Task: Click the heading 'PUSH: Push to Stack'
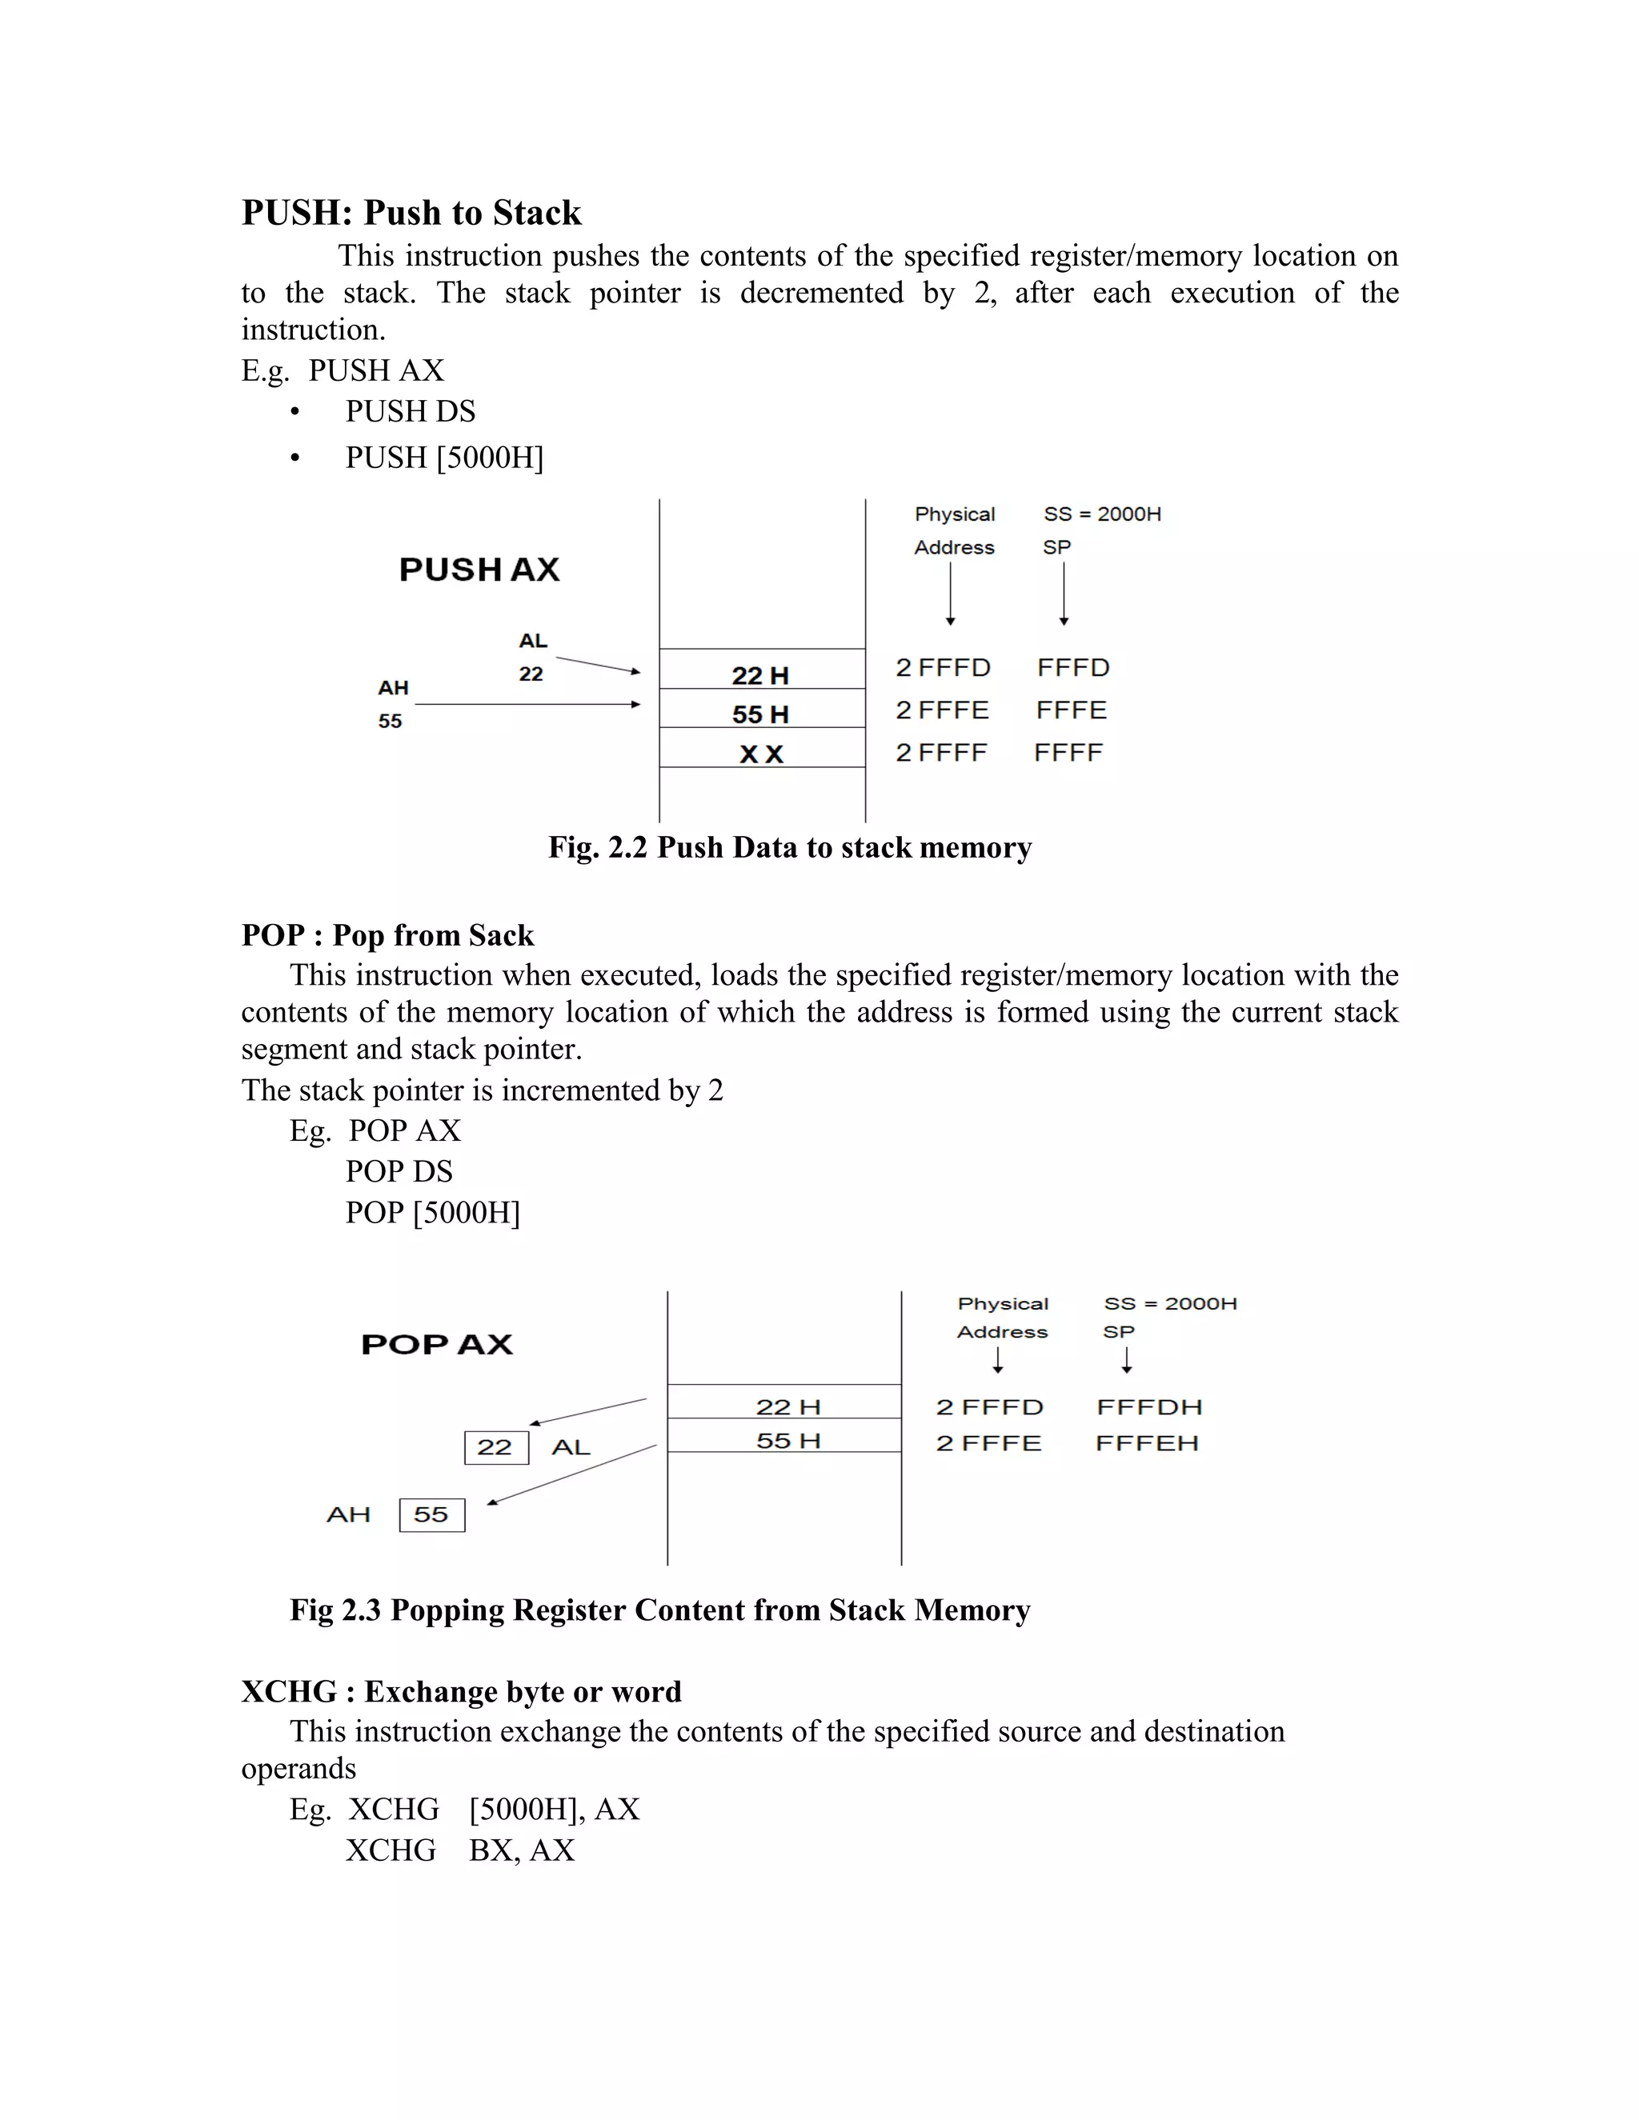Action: coord(411,213)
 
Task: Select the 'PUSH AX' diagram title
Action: coord(479,570)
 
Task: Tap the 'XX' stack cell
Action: coord(761,754)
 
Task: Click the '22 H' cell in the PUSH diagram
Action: coord(760,676)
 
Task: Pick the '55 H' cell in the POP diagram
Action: coord(787,1442)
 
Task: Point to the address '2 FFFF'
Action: coord(941,754)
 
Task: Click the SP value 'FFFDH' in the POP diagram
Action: coord(1148,1407)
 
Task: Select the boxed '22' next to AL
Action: coord(495,1447)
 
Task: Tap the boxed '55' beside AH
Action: coord(431,1514)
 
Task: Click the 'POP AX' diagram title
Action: coord(437,1346)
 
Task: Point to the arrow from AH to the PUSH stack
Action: coord(527,704)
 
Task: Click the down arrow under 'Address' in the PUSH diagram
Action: coord(951,594)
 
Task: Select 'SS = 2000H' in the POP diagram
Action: coord(1170,1304)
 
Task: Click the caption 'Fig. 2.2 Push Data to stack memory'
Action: coord(789,847)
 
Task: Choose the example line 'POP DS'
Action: coord(399,1172)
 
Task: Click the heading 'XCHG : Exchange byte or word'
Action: coord(461,1692)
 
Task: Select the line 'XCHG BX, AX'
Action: coord(459,1850)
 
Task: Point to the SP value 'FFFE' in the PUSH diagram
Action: coord(1071,710)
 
